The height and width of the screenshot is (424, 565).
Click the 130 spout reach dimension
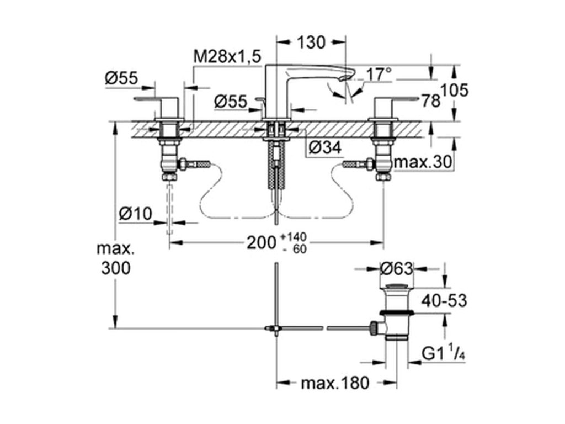pos(311,42)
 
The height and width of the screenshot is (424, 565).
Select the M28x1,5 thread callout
pos(227,57)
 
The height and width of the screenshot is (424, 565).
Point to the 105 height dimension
pos(455,90)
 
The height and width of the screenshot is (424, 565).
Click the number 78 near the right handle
pos(431,102)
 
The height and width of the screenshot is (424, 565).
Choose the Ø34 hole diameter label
pos(325,147)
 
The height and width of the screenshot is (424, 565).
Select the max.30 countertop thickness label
pos(423,163)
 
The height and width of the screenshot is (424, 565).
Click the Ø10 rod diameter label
pos(136,214)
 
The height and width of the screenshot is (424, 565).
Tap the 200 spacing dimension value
pos(261,243)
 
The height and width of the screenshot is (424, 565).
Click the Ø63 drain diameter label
pos(396,269)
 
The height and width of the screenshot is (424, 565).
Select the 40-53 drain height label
pos(444,300)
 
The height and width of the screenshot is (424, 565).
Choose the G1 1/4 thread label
pos(443,354)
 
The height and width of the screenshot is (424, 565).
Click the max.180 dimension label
pos(335,383)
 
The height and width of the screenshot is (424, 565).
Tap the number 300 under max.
pos(116,268)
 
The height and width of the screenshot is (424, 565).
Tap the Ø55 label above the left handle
pos(121,78)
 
